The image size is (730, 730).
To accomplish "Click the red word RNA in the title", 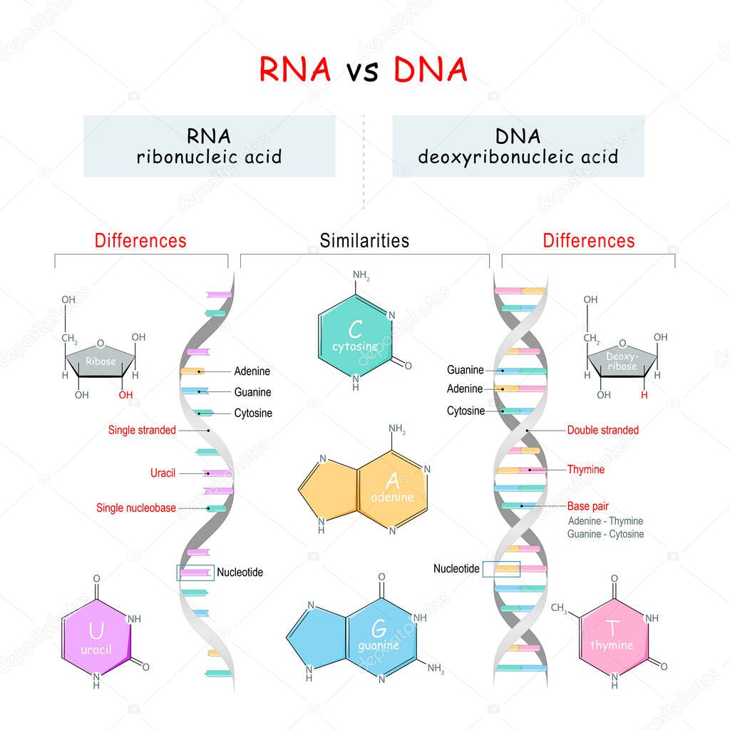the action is pos(294,70).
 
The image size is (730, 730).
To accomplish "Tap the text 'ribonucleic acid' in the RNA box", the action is pos(209,157).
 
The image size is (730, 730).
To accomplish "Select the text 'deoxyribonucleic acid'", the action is pos(518,157).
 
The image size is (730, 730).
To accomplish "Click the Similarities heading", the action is pos(364,241).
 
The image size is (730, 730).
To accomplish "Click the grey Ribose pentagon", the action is pos(101,361).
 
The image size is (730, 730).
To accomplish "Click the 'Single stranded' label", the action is pos(142,430).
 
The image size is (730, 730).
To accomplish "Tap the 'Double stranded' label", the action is pos(602,430).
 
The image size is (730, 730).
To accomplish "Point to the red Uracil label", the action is pos(163,473).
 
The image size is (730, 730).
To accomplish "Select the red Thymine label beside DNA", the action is pos(585,470).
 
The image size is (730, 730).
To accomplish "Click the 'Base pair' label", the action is pos(587,507).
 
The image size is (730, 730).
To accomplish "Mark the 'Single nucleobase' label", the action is pos(136,508).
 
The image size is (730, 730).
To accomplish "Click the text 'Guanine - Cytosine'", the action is pos(605,534).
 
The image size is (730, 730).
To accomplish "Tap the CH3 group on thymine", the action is pos(559,608).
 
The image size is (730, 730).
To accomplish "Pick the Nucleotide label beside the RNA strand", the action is pos(240,572).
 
